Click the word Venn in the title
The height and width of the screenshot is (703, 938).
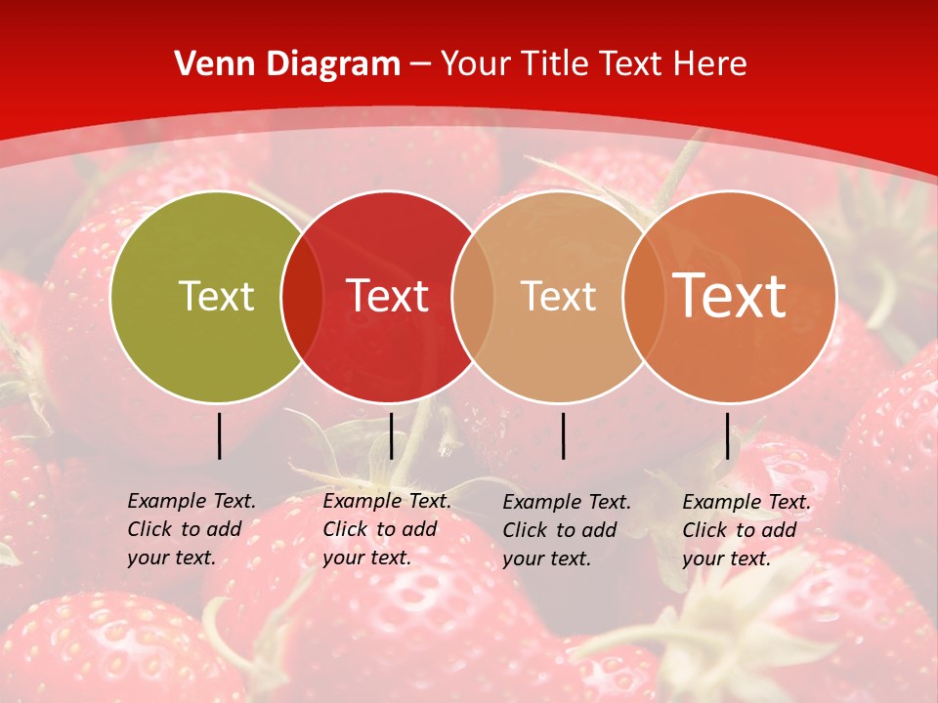pos(212,64)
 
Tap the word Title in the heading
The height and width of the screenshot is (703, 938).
pos(555,64)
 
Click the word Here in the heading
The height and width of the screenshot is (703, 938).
pos(711,64)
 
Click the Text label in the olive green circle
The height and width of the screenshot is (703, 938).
pos(216,296)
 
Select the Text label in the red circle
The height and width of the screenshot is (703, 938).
pos(387,296)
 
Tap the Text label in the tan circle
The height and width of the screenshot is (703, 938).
pos(558,296)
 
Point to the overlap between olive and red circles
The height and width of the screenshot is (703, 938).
pos(302,296)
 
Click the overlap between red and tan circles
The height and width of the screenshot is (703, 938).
pos(473,296)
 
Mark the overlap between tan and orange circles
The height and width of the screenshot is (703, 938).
pos(643,296)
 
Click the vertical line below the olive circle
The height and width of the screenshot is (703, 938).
pos(219,435)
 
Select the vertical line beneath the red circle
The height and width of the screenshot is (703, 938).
pos(391,435)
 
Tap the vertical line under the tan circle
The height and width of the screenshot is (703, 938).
pos(563,435)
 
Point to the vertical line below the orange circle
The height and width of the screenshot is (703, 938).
pos(727,435)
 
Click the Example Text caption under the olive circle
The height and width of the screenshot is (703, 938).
pos(192,529)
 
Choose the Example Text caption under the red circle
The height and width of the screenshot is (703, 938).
pos(387,529)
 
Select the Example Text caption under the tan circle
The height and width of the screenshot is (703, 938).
pos(567,530)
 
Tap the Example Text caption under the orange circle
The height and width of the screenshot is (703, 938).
pos(746,530)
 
